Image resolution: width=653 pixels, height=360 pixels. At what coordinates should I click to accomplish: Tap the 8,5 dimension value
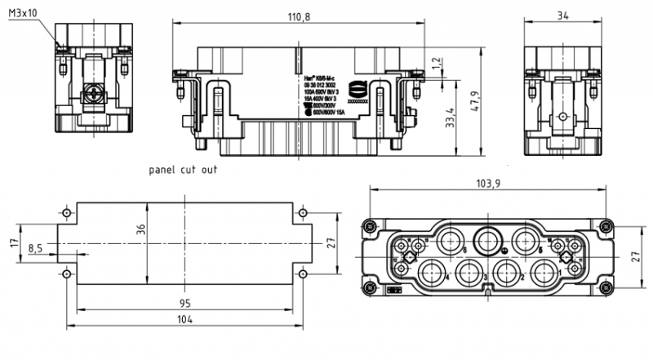(x=36, y=247)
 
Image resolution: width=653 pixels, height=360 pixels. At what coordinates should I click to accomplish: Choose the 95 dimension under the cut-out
(x=186, y=303)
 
